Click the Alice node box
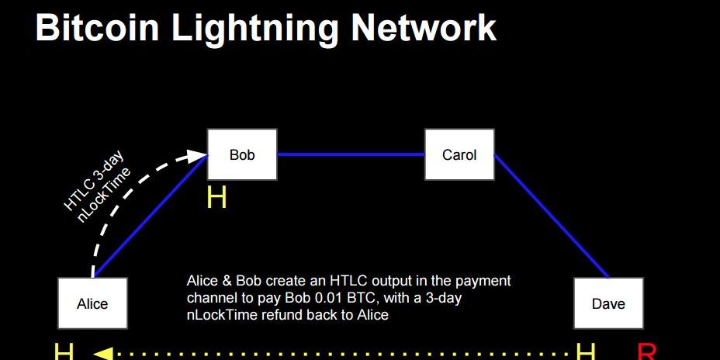point(93,303)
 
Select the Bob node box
point(242,154)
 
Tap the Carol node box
point(459,154)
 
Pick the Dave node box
point(608,303)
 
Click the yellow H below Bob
point(216,197)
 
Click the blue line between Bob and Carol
point(351,154)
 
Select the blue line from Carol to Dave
point(551,216)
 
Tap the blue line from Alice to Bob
point(151,216)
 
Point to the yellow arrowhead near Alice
point(102,354)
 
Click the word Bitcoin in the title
point(97,28)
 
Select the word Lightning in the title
point(255,30)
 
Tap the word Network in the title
point(424,28)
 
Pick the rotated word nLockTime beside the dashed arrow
point(105,196)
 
